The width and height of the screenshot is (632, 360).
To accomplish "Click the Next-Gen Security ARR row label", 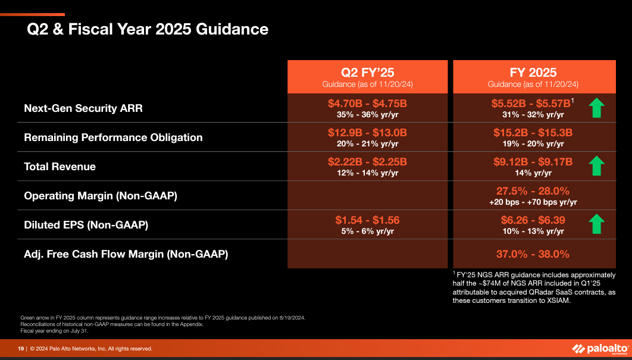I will click(x=83, y=108).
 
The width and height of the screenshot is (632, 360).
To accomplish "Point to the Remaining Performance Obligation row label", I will click(x=113, y=137).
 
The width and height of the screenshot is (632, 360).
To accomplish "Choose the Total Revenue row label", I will click(x=60, y=167).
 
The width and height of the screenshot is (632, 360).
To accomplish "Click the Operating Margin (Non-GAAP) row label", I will click(x=101, y=195).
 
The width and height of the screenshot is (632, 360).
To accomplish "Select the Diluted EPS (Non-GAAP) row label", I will click(x=86, y=225).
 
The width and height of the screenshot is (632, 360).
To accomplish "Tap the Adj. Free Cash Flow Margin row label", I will click(x=126, y=254).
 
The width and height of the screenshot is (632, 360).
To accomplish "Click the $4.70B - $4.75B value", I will click(x=367, y=104).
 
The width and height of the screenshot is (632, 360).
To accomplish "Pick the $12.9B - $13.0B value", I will click(x=367, y=133).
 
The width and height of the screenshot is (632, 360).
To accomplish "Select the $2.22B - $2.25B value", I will click(x=367, y=162).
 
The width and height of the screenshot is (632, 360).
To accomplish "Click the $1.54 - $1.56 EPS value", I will click(x=367, y=220).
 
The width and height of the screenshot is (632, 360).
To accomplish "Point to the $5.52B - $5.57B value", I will click(x=531, y=104).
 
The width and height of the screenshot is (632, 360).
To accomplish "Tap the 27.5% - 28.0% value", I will click(x=533, y=191).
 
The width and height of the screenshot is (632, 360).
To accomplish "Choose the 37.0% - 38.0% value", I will click(x=533, y=254).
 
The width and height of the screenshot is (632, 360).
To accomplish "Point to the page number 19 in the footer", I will click(x=20, y=349).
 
